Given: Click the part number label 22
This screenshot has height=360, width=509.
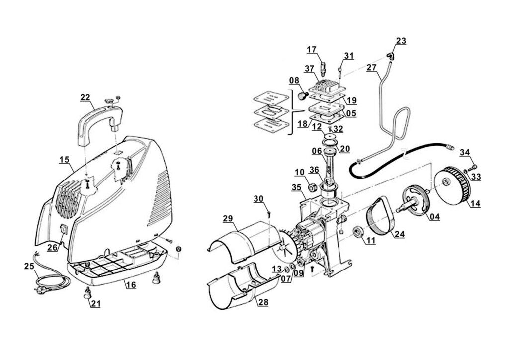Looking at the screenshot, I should click(x=85, y=97).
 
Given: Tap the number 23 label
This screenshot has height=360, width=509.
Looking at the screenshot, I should click(x=401, y=41).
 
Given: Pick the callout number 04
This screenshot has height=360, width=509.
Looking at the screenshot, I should click(x=434, y=217).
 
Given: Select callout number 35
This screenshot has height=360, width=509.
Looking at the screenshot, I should click(x=297, y=187).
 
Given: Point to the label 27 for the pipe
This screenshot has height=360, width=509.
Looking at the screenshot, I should click(x=372, y=68).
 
